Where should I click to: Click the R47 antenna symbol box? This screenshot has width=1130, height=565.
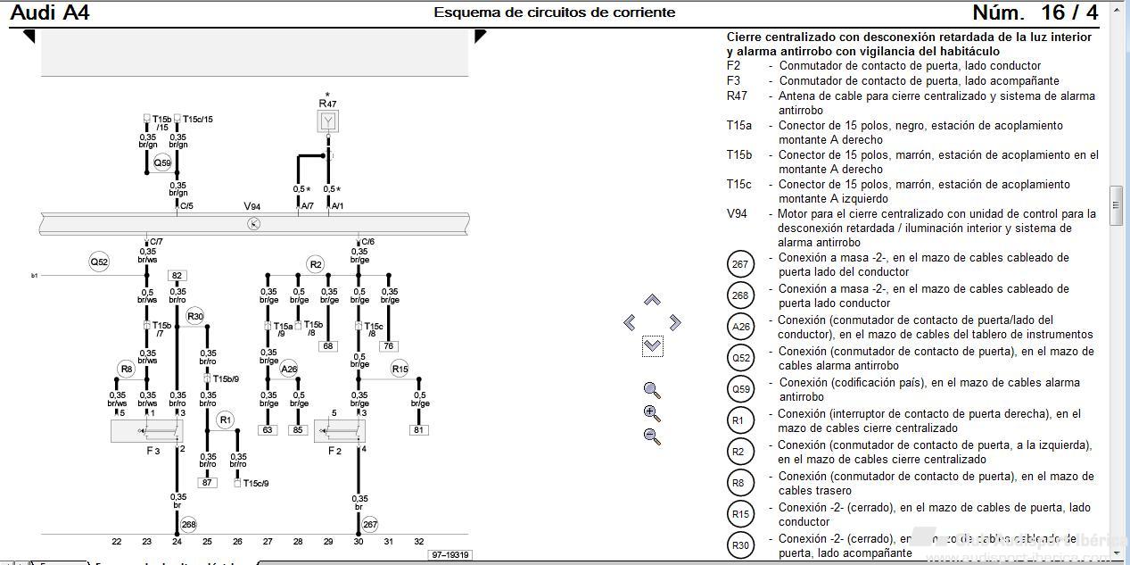tap(327, 121)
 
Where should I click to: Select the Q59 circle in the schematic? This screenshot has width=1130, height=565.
tap(162, 163)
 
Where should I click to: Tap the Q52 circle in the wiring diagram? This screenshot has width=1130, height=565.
tap(99, 262)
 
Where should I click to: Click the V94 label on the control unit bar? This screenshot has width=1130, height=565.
tap(253, 206)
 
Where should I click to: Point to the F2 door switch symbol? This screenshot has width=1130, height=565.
tap(339, 431)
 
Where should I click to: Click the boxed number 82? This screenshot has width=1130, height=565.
tap(177, 276)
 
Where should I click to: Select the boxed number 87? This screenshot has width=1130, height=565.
tap(207, 482)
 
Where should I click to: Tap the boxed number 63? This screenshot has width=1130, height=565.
tap(268, 430)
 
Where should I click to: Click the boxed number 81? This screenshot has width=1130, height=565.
tap(419, 430)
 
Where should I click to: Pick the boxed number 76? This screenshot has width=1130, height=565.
tap(389, 346)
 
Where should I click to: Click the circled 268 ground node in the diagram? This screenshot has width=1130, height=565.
tap(188, 525)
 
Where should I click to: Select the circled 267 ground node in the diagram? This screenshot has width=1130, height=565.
tap(370, 525)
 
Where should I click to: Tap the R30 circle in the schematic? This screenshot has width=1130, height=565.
tap(195, 316)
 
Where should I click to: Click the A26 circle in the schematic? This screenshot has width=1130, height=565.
tap(289, 369)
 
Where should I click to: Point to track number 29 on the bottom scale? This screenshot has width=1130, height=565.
tap(328, 541)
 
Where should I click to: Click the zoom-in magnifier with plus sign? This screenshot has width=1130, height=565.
tap(652, 413)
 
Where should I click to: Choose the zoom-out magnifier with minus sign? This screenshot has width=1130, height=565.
tap(652, 436)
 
